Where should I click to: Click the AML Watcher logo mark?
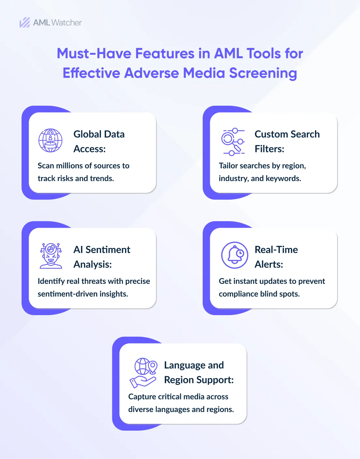pos(24,23)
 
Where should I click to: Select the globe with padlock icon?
pos(50,140)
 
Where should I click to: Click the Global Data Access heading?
pos(99,141)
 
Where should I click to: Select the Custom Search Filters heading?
pos(287,141)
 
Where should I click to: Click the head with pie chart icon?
pos(51,255)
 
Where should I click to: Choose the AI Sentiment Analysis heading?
pos(102,257)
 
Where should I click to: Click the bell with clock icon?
pos(234,255)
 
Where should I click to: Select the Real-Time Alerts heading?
pos(276,257)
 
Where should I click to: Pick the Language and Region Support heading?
pos(198,372)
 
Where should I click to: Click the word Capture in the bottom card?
pos(142,397)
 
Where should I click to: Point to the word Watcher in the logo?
pos(67,23)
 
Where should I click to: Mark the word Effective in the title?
pos(91,73)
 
